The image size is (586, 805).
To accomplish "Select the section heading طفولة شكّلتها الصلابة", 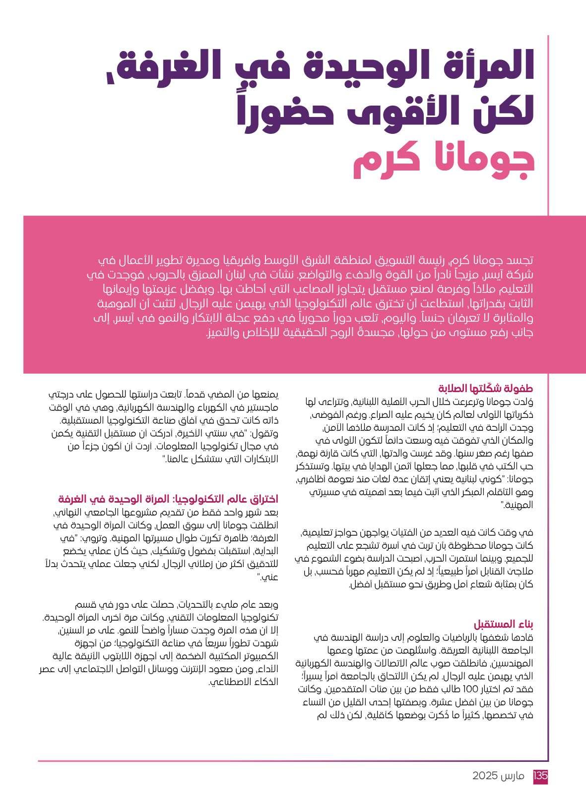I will point(485,388).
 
